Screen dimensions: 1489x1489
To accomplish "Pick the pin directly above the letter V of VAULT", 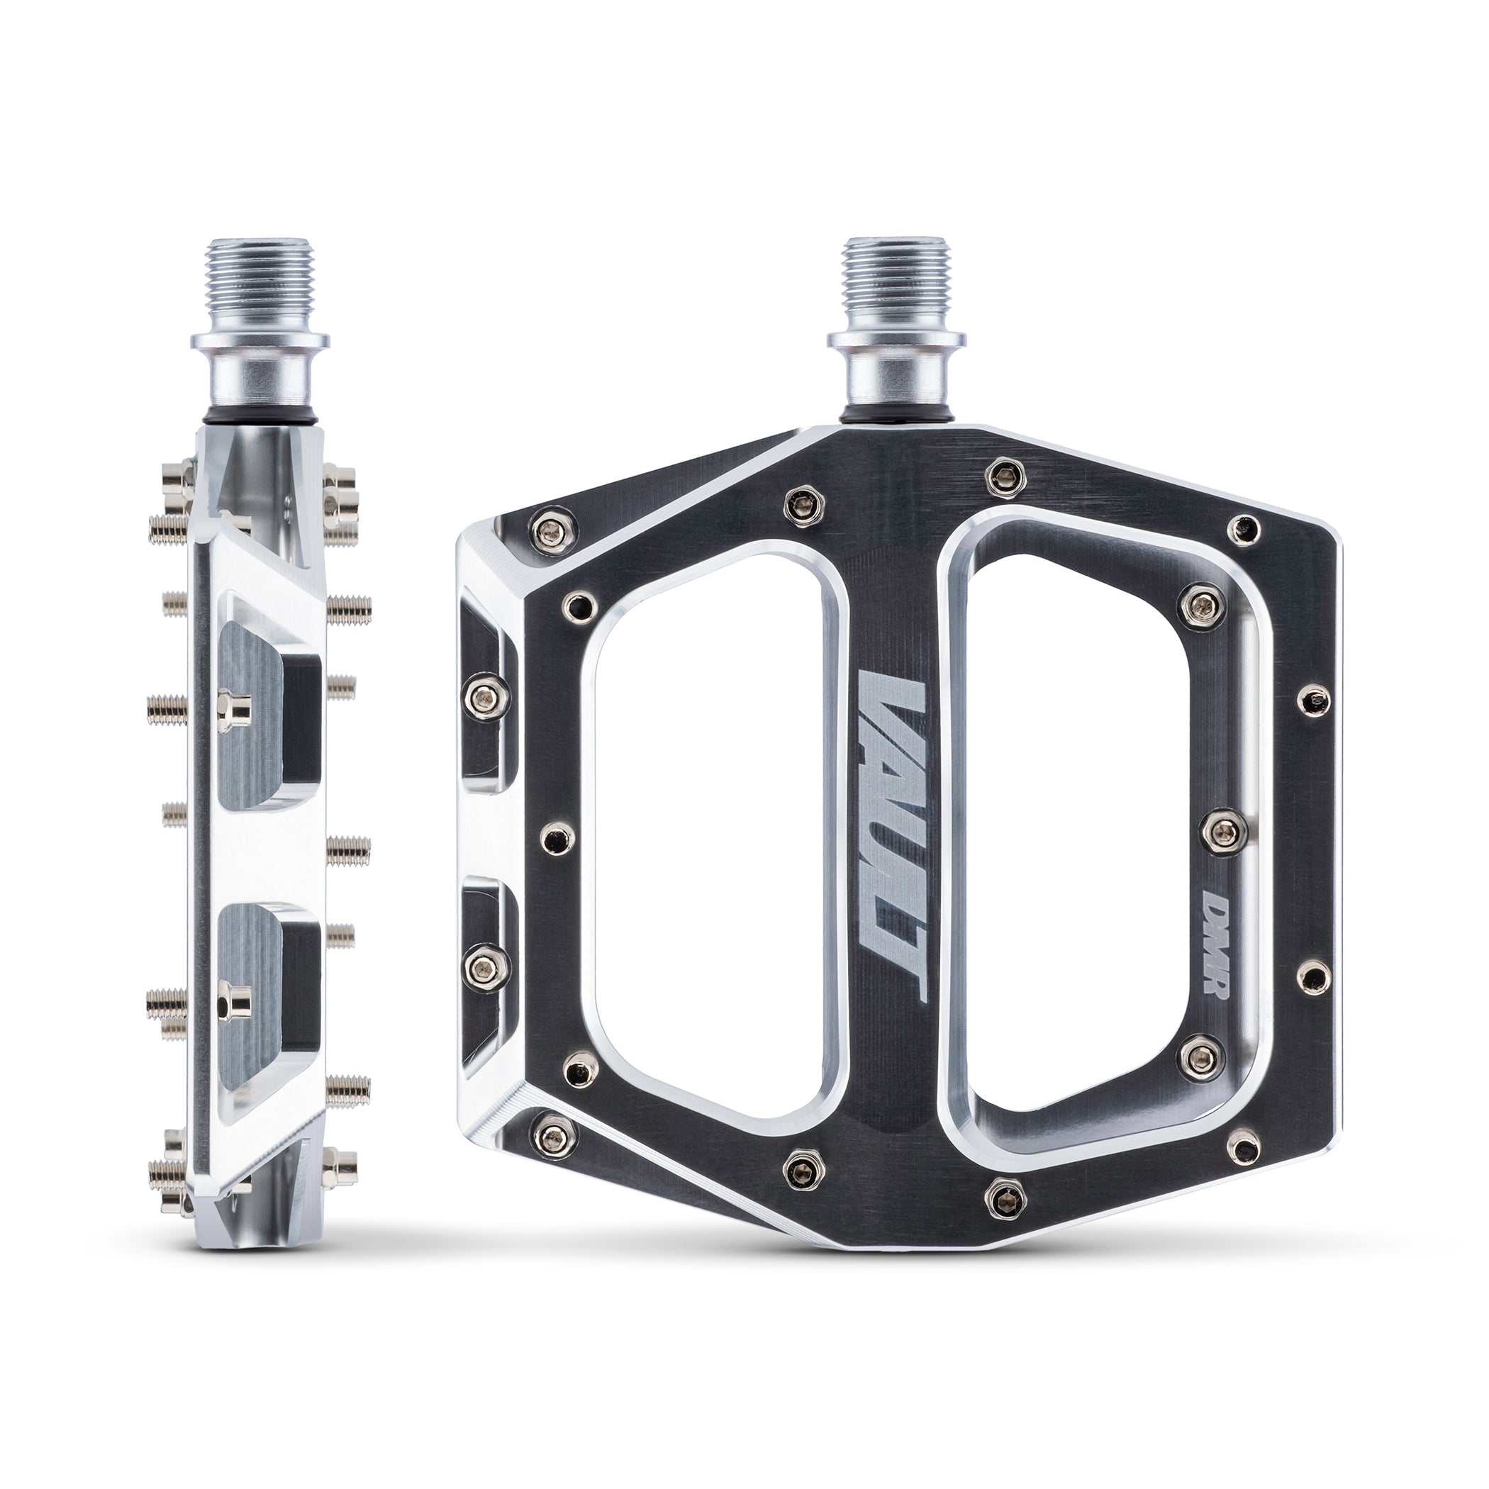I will point(801,503).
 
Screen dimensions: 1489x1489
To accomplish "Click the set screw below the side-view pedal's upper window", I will point(229,702).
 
